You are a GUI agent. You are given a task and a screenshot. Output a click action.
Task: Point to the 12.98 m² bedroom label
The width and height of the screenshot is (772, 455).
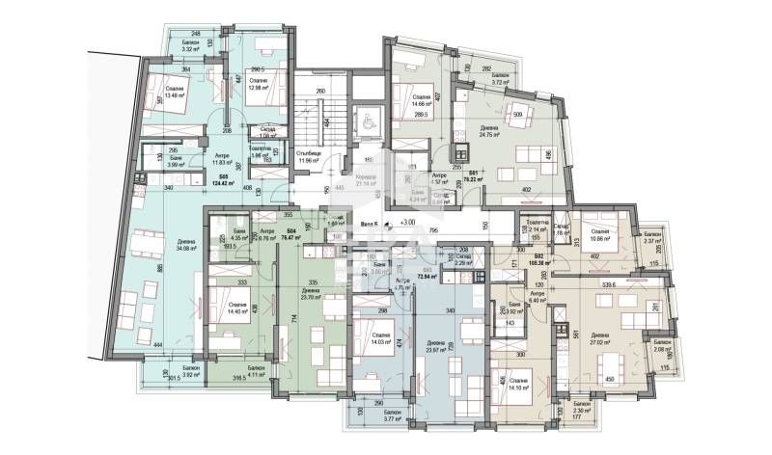(x=258, y=88)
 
